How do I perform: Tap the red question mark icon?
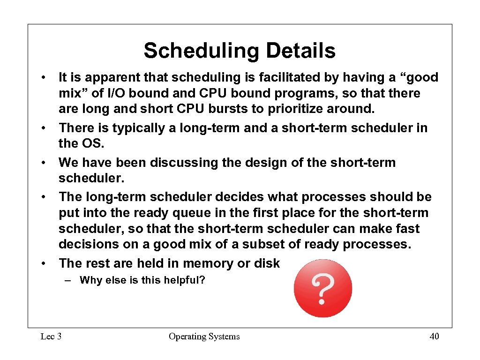coord(323,288)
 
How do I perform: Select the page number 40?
coord(434,336)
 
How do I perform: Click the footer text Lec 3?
coord(51,336)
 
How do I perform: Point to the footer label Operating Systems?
coord(204,336)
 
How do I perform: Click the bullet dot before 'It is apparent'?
coord(43,78)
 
